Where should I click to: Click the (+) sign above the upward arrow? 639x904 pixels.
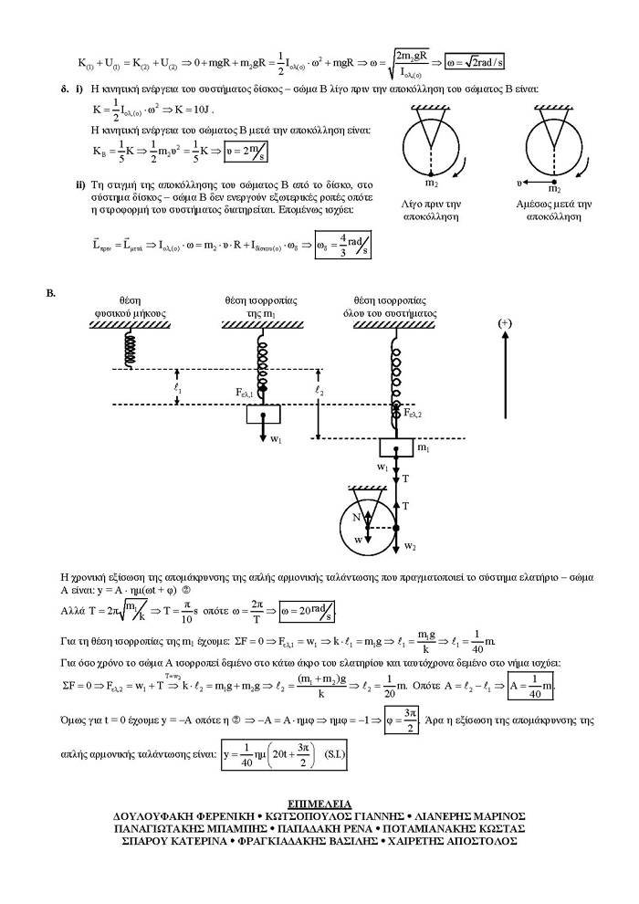point(505,324)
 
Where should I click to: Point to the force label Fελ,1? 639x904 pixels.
point(247,392)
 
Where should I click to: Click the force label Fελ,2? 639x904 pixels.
point(414,413)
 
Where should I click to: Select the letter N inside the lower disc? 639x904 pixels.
point(358,516)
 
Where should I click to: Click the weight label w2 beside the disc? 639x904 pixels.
point(410,545)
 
